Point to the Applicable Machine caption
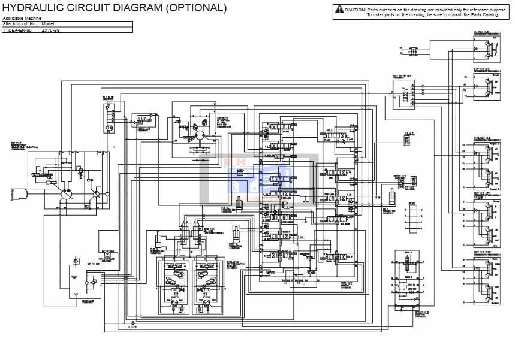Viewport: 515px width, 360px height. (22, 19)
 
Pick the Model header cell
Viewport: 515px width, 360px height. (48, 24)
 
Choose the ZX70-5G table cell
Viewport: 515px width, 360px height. (50, 29)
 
